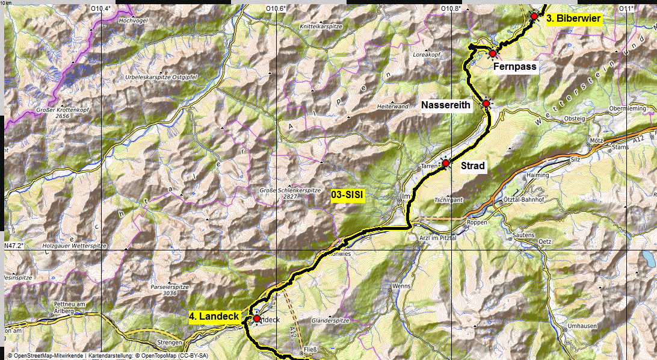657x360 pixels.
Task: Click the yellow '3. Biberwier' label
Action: click(573, 18)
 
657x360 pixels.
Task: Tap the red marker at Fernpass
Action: click(493, 54)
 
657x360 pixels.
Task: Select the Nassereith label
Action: click(446, 105)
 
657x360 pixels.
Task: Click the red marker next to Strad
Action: click(446, 163)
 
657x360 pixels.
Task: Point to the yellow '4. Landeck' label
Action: click(215, 316)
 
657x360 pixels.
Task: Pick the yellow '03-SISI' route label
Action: click(349, 194)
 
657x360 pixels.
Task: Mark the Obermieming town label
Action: click(628, 108)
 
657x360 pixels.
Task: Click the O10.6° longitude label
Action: click(276, 8)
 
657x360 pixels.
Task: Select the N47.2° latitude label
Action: click(14, 246)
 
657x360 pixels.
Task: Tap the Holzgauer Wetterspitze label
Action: click(75, 246)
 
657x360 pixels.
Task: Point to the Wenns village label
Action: click(400, 286)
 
